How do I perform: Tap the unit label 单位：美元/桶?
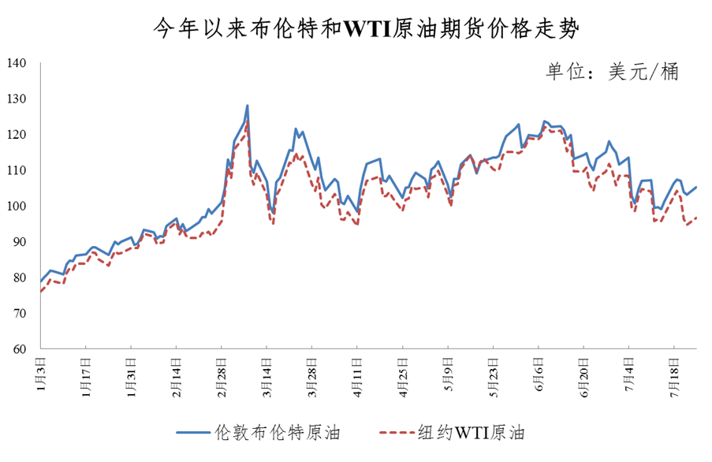(x=611, y=71)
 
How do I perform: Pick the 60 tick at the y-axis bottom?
(x=20, y=349)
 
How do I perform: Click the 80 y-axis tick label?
(x=20, y=278)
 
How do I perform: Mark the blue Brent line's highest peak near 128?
(x=248, y=106)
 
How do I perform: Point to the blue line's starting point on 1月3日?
(x=40, y=281)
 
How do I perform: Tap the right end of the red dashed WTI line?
(x=697, y=218)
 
